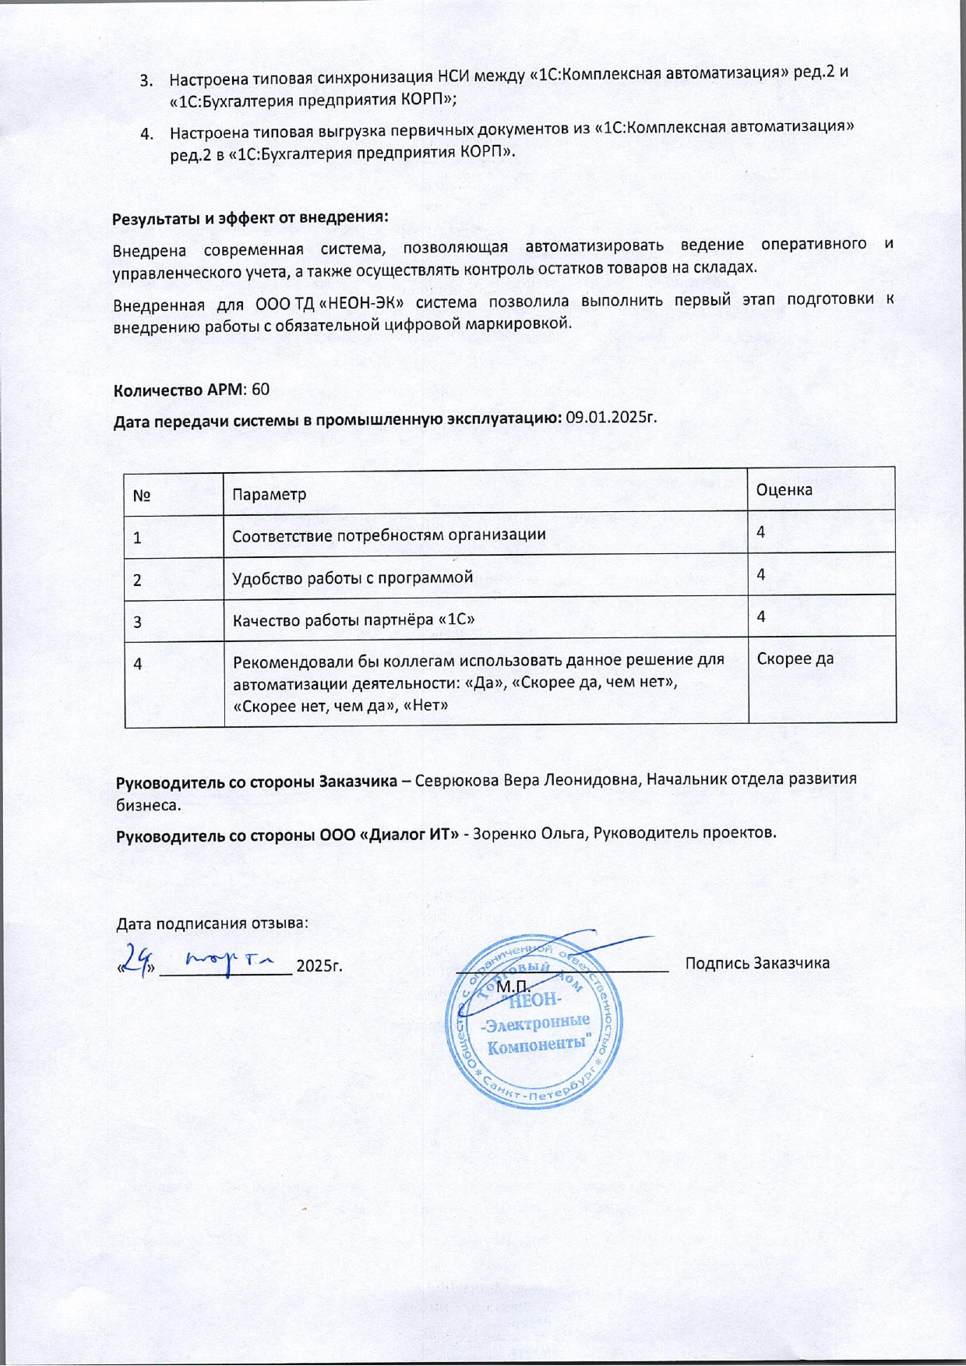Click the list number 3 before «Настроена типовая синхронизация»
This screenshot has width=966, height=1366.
point(146,79)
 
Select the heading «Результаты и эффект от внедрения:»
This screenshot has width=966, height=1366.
point(250,217)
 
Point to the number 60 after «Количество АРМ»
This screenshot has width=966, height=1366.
point(261,390)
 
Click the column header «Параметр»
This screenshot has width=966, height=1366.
point(270,495)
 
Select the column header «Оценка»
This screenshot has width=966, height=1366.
point(784,490)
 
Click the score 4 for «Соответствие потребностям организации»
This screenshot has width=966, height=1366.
point(761,532)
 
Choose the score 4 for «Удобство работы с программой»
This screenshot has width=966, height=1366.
point(761,574)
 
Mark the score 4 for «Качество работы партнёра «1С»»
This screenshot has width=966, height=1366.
point(761,616)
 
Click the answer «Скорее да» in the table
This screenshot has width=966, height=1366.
point(795,658)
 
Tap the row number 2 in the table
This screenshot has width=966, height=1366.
point(138,580)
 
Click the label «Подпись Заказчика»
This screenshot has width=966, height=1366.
point(757,963)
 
